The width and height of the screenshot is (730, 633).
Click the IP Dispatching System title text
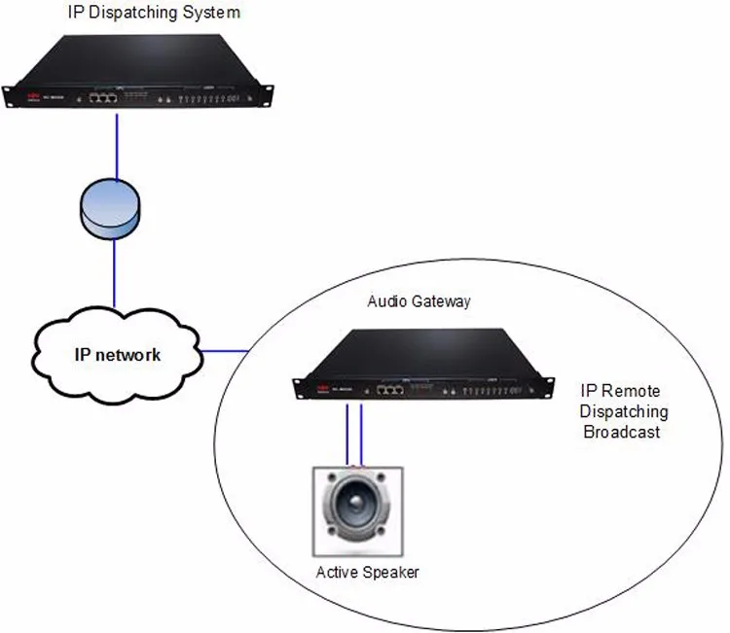click(x=154, y=13)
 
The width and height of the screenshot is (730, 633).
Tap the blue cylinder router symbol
click(x=109, y=210)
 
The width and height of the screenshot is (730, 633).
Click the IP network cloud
click(x=117, y=354)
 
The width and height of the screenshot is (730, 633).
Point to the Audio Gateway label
click(x=419, y=301)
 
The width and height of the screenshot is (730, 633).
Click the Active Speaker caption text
click(x=368, y=572)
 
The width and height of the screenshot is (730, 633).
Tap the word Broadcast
click(x=621, y=432)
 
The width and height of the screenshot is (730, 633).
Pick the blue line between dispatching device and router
click(x=117, y=146)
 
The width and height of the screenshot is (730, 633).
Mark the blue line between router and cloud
click(x=115, y=272)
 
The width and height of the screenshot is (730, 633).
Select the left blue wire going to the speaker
click(x=347, y=433)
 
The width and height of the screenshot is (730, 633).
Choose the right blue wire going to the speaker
click(x=362, y=433)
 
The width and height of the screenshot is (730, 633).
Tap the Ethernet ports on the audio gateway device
click(x=391, y=389)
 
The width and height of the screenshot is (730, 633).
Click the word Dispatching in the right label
click(x=624, y=411)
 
